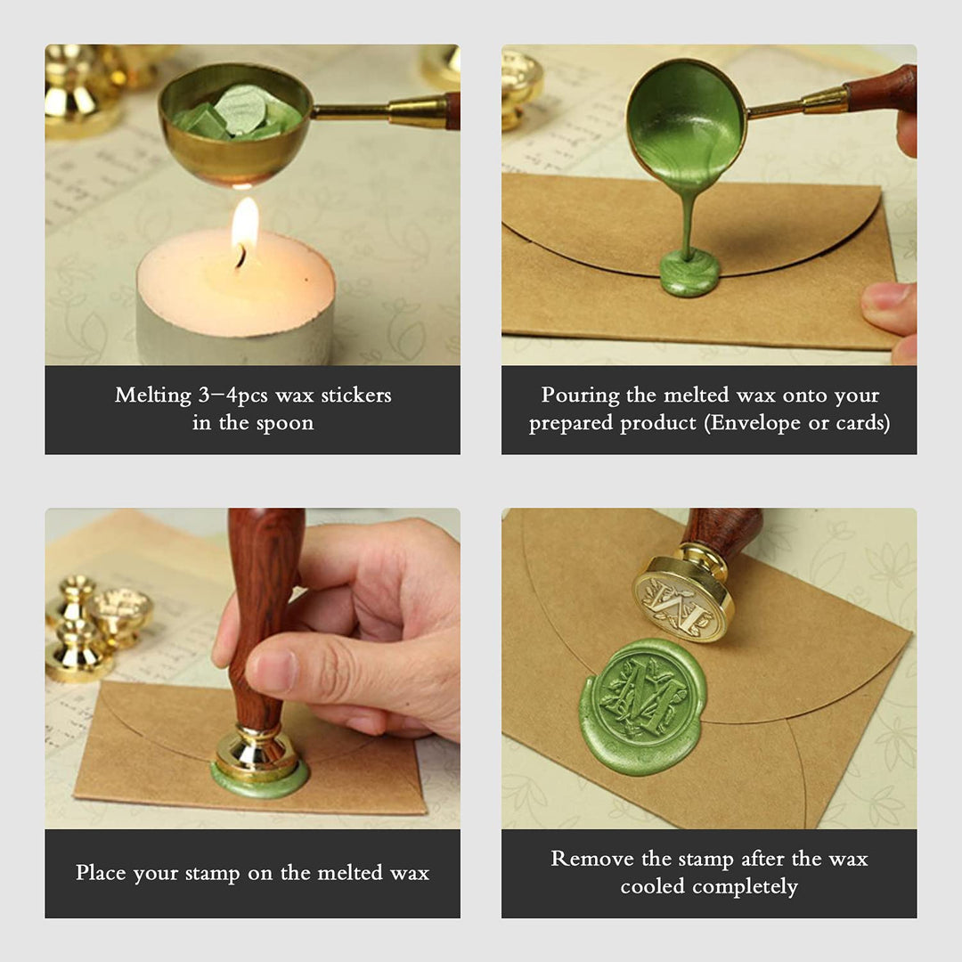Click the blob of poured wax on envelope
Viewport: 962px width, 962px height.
(689, 273)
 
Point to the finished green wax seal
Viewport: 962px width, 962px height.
(643, 705)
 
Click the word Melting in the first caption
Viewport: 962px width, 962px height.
(153, 395)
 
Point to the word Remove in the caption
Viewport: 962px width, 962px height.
(592, 859)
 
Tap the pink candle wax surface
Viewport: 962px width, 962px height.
(235, 283)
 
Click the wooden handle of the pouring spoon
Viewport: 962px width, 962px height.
(881, 88)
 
